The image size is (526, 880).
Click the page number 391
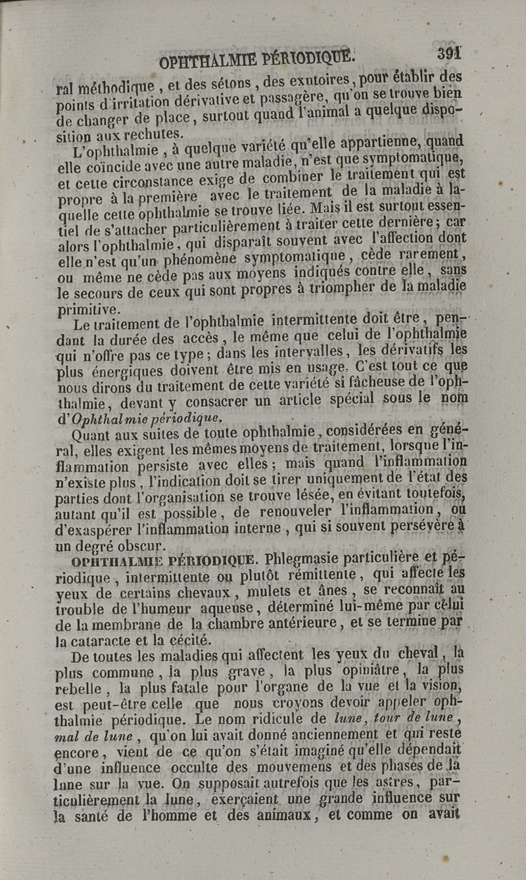tap(448, 53)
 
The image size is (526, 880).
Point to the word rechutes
tap(151, 133)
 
